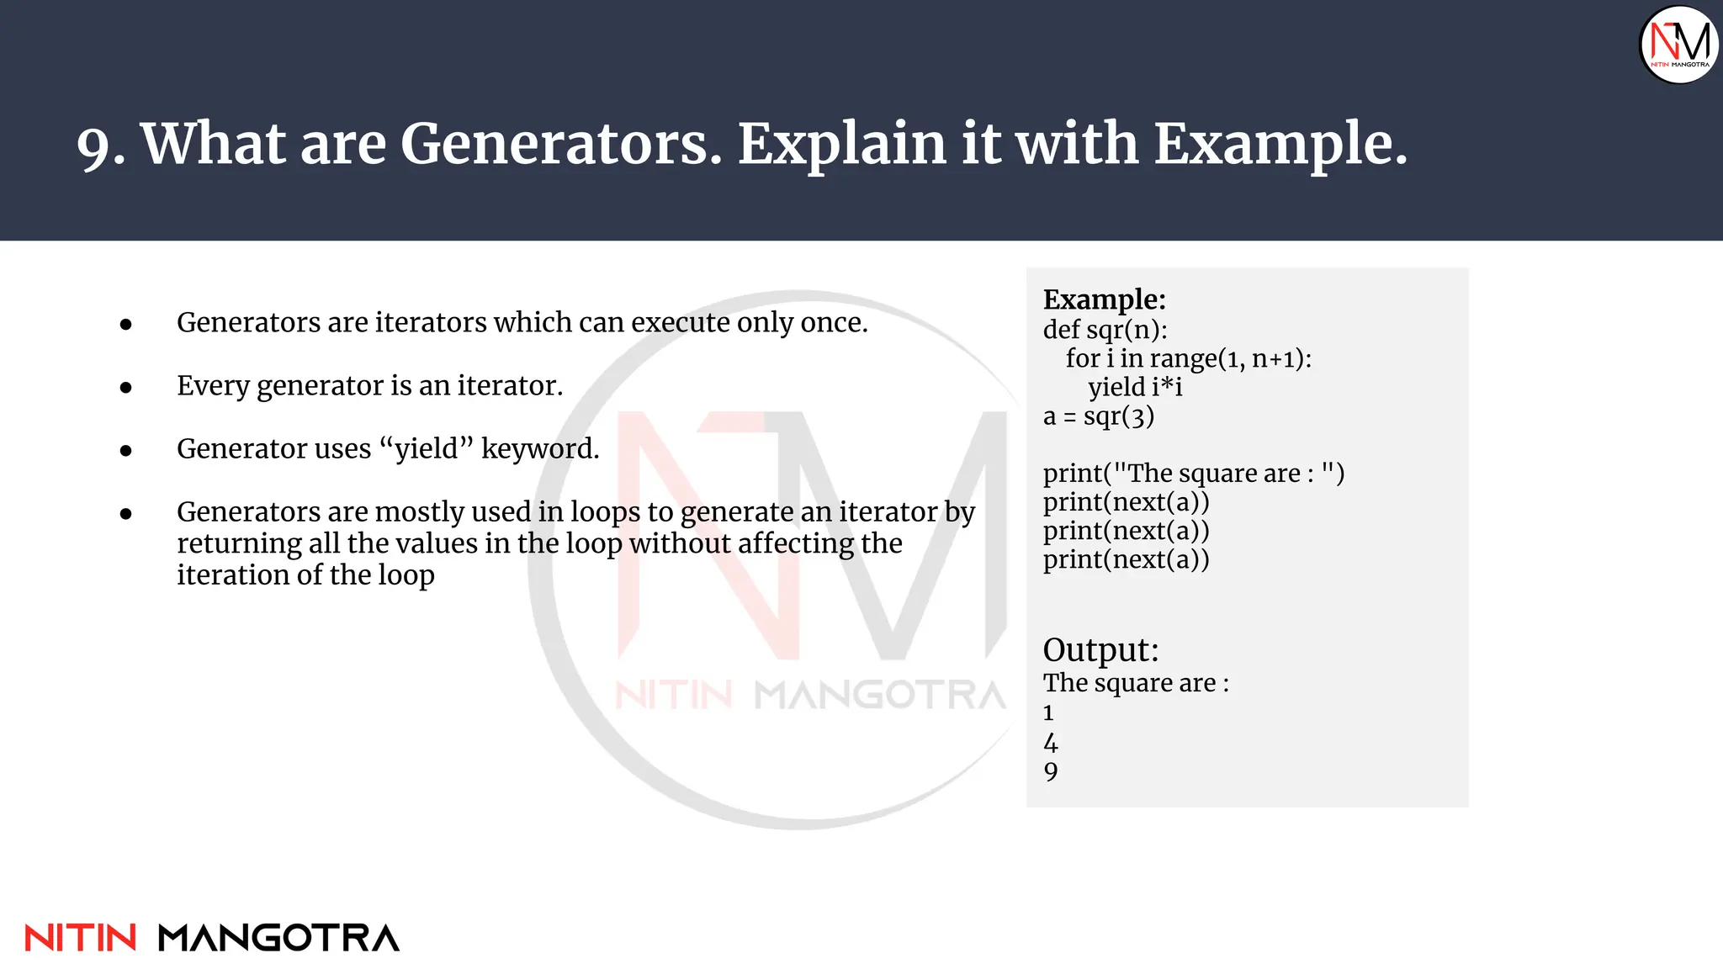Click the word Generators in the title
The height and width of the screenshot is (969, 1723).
tap(559, 144)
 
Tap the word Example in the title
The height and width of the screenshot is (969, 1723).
tap(1279, 144)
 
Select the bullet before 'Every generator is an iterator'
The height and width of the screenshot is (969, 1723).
tap(126, 388)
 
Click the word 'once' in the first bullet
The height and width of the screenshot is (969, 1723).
tap(833, 322)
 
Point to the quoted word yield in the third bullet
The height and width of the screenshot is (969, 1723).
tap(427, 450)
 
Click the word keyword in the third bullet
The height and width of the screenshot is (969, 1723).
tap(539, 449)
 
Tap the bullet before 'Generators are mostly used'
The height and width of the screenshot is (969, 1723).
tap(126, 514)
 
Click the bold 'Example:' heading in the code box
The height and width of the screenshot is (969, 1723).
tap(1104, 299)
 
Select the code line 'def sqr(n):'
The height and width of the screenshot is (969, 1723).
tap(1105, 330)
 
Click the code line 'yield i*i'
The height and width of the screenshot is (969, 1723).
tap(1135, 387)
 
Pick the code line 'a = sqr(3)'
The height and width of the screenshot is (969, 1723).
tap(1098, 416)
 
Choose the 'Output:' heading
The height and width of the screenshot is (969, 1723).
tap(1100, 650)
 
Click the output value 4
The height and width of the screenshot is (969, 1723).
tap(1051, 743)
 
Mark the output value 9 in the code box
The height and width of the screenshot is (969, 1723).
tap(1051, 771)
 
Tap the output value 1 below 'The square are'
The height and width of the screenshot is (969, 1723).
tap(1048, 713)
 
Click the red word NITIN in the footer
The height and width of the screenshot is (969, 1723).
tap(81, 938)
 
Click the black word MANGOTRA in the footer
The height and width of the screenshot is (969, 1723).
tap(278, 938)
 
